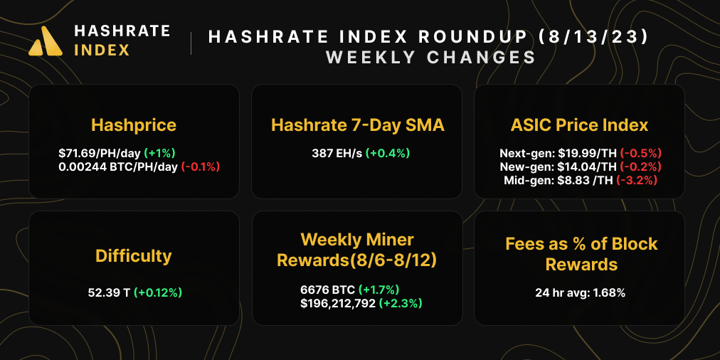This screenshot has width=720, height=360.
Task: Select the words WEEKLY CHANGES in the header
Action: click(430, 58)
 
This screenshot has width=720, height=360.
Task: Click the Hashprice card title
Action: click(134, 126)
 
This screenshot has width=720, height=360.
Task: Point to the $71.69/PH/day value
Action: click(100, 153)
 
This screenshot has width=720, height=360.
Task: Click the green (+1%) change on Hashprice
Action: click(159, 153)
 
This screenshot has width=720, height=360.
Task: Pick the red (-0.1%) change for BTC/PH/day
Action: click(201, 166)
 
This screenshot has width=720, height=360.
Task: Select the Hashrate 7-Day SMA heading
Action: click(358, 126)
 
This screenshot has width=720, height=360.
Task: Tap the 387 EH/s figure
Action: click(337, 153)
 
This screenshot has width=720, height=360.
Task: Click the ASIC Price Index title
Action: click(579, 126)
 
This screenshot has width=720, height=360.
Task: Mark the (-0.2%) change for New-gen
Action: click(640, 166)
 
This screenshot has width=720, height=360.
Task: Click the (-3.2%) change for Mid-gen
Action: click(637, 181)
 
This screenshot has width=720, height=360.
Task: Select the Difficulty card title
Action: click(134, 255)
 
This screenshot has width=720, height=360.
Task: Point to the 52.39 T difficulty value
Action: click(107, 292)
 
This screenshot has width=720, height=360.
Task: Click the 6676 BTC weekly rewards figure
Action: click(327, 290)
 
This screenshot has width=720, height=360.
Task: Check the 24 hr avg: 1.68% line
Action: click(580, 292)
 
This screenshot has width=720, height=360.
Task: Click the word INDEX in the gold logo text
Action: click(102, 51)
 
